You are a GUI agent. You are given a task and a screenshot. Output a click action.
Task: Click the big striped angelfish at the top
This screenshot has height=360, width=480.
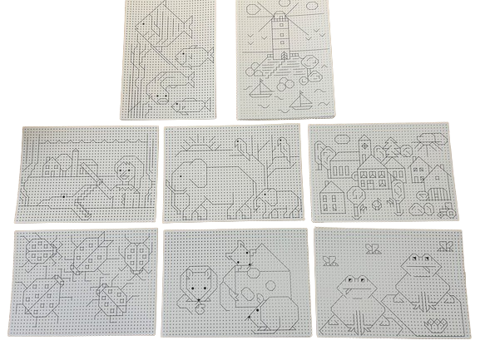[x=156, y=31]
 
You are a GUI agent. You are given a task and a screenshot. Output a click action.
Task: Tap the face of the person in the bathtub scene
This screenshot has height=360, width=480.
[x=124, y=172]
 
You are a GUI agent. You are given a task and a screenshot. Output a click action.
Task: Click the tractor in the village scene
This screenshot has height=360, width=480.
[x=444, y=208]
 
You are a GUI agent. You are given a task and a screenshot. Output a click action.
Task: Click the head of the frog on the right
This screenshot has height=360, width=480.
[x=416, y=265]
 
